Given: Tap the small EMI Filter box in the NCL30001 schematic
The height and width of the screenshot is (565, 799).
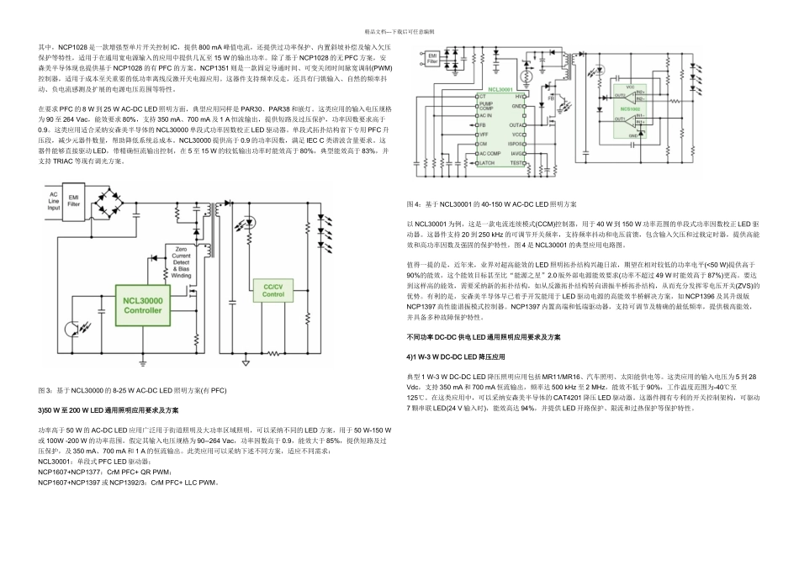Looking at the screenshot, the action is pyautogui.click(x=432, y=58).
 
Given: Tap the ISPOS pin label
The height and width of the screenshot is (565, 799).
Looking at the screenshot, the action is pyautogui.click(x=516, y=144).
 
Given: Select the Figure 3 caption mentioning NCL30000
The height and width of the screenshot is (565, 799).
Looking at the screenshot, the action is pyautogui.click(x=132, y=390).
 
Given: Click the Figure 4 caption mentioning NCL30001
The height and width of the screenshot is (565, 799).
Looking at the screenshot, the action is pyautogui.click(x=492, y=204).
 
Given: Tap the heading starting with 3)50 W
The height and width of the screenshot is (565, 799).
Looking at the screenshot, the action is pyautogui.click(x=108, y=409).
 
